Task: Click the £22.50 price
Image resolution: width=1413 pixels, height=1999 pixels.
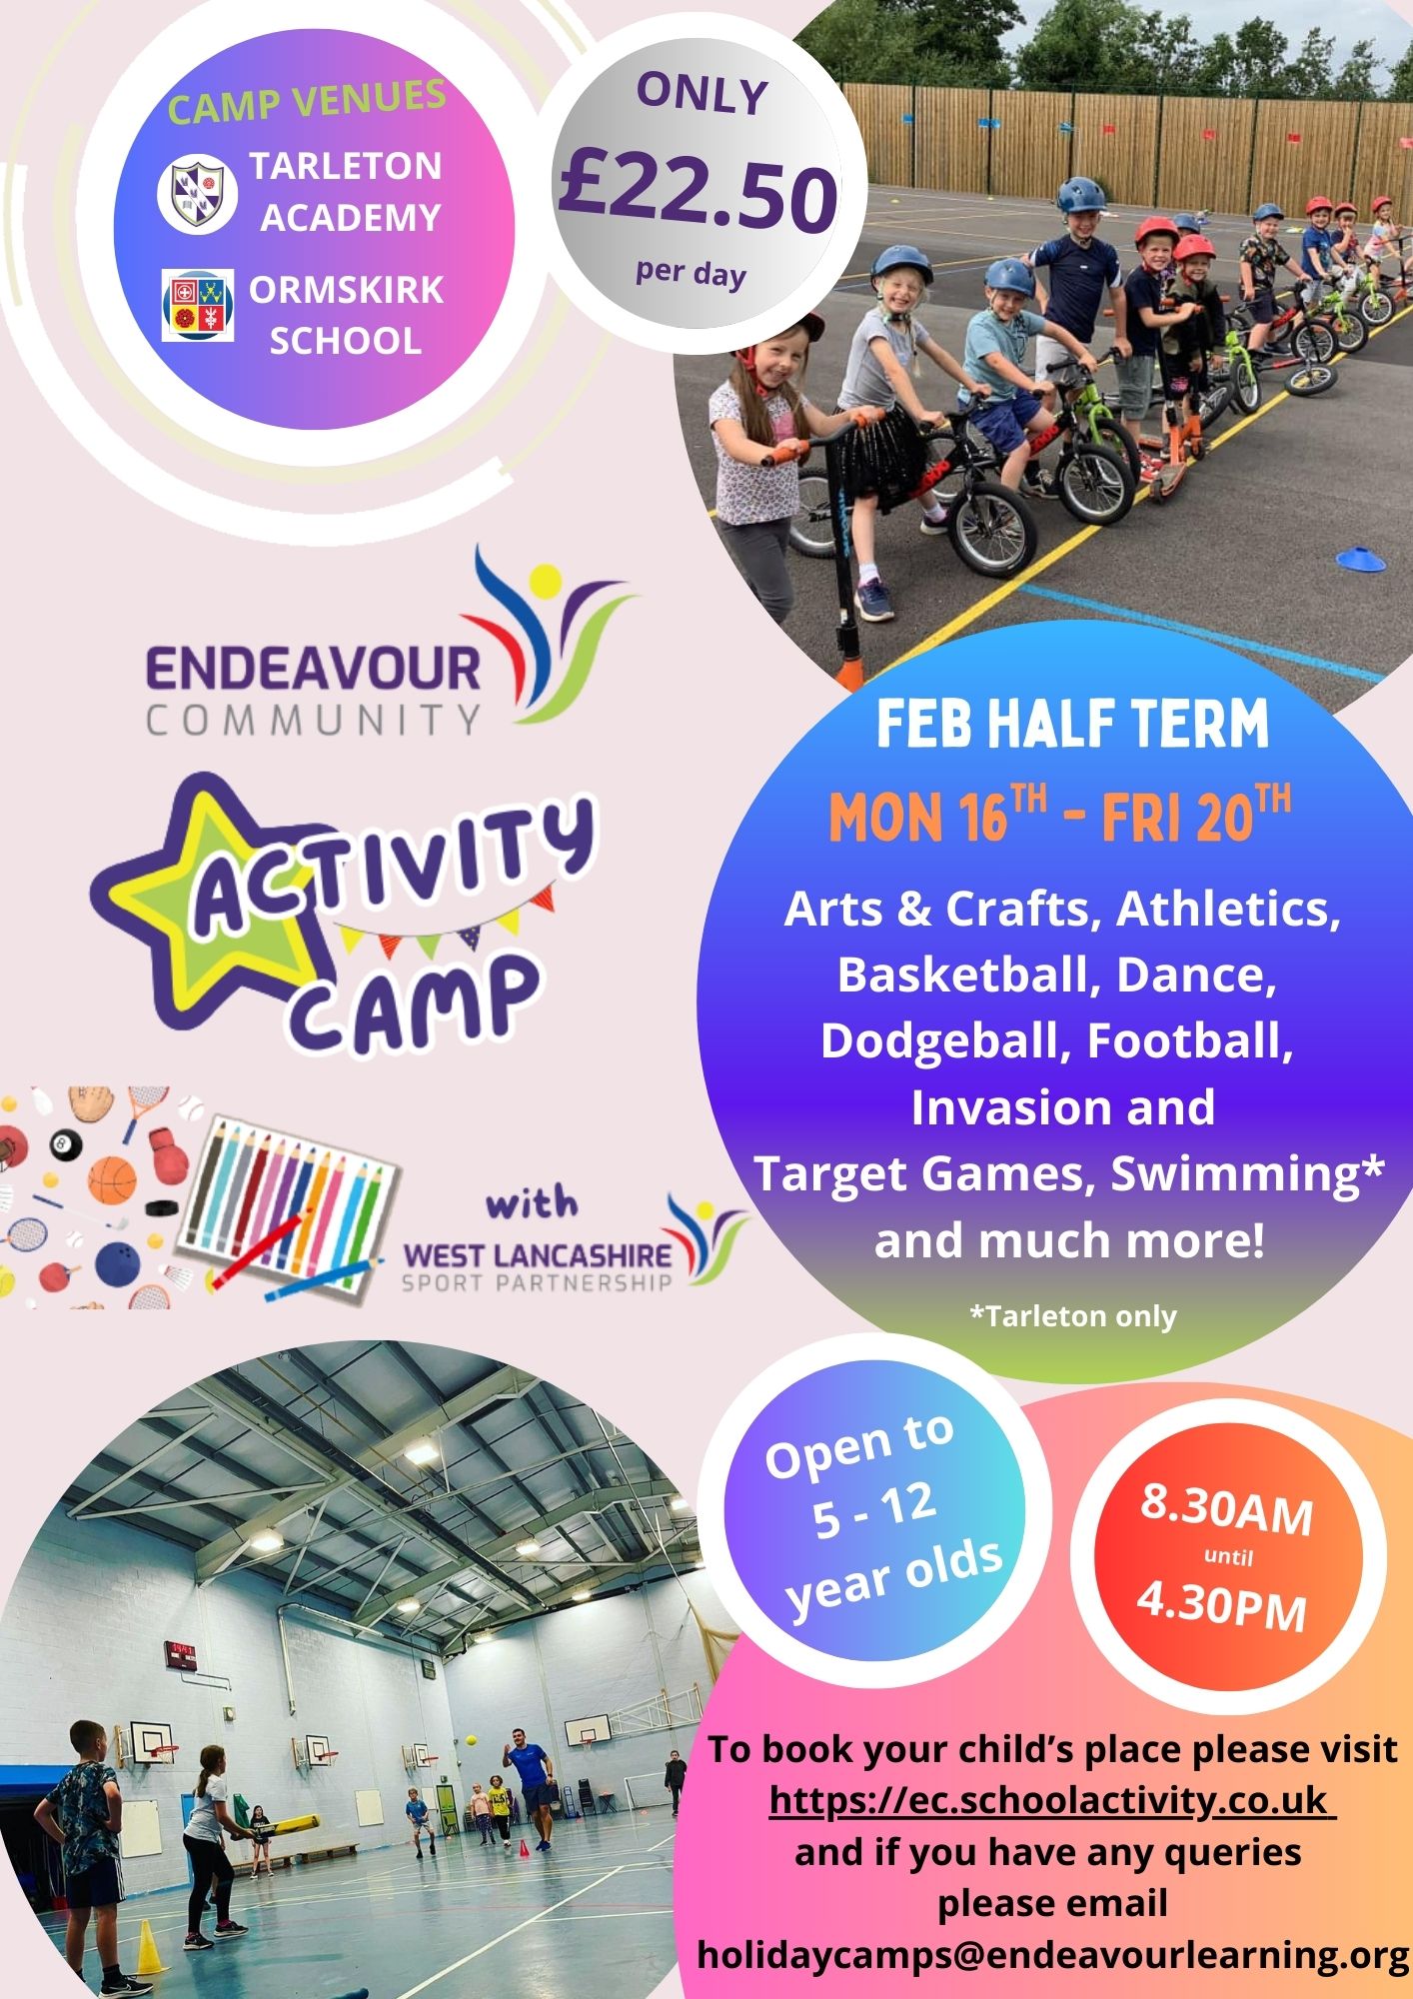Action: tap(699, 192)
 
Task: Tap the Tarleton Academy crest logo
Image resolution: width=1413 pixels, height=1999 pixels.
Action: tap(197, 192)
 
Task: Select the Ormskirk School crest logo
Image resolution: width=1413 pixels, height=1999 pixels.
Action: tap(197, 305)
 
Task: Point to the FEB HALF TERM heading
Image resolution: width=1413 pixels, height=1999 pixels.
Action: tap(1072, 725)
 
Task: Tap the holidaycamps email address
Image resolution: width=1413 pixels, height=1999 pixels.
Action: tap(1052, 1954)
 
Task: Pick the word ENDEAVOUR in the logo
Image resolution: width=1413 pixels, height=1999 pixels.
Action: tap(313, 669)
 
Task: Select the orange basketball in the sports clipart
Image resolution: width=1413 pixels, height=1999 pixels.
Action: tap(112, 1179)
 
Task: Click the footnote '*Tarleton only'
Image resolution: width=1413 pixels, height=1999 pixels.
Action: tap(1073, 1315)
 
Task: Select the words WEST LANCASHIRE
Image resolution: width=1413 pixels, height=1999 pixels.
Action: tap(536, 1254)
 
